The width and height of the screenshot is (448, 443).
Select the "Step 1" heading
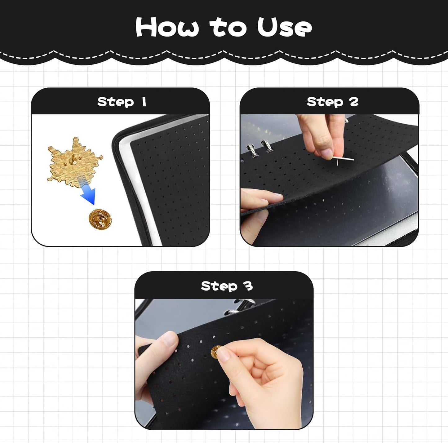point(122,102)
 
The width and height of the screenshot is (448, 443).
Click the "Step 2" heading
point(332,102)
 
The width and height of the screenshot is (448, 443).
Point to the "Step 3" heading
point(227,286)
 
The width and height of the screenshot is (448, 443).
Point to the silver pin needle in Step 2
point(344,159)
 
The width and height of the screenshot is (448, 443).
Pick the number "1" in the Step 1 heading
point(144,102)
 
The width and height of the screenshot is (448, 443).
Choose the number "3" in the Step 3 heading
point(248,286)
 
